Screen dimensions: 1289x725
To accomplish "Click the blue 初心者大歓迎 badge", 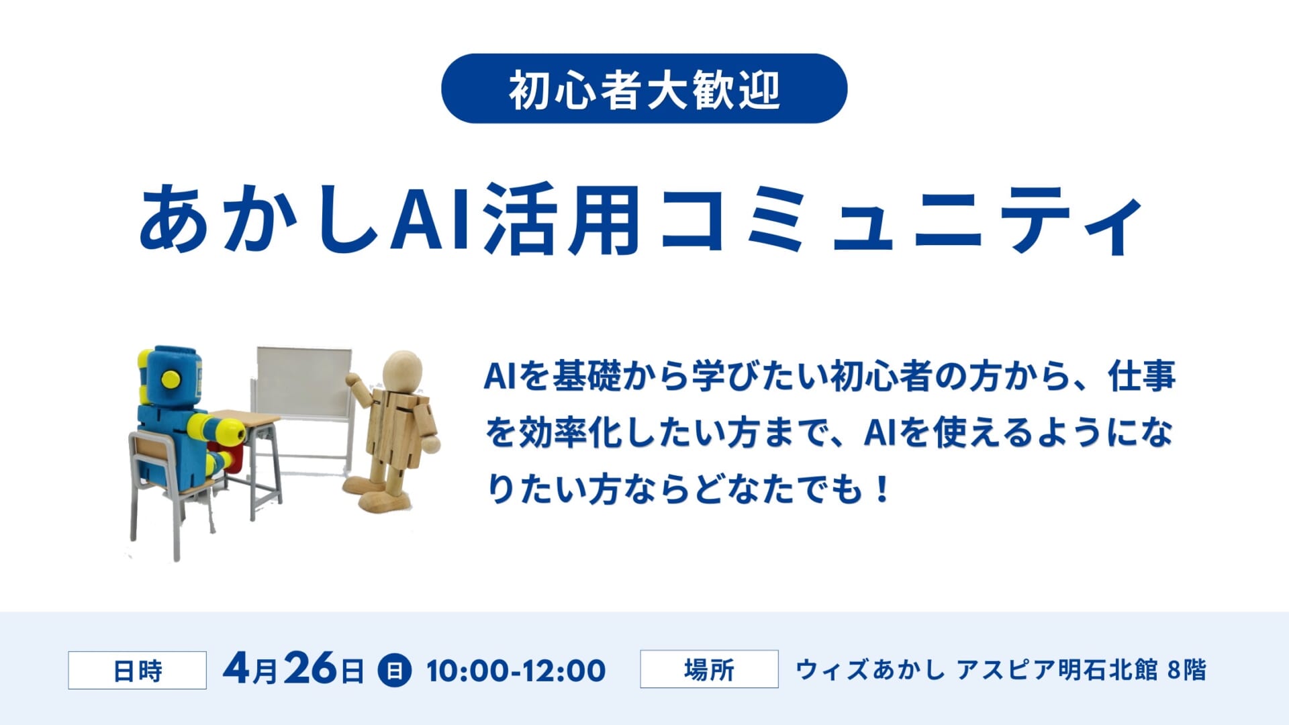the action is (x=644, y=89).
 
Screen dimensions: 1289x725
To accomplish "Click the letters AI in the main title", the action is (x=432, y=219).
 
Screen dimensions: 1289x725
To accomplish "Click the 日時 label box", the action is (x=137, y=670).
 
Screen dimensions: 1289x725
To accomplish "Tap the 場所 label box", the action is (x=709, y=669).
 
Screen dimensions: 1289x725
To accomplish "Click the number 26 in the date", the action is (x=310, y=668).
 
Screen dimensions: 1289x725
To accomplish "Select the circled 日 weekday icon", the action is (x=395, y=670).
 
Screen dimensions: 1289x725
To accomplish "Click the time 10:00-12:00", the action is (x=516, y=671).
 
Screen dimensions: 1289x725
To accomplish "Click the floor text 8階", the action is (x=1186, y=670).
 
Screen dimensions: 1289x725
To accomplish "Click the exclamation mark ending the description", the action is (x=882, y=489).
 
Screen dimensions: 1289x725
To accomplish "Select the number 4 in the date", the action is (x=237, y=668).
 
